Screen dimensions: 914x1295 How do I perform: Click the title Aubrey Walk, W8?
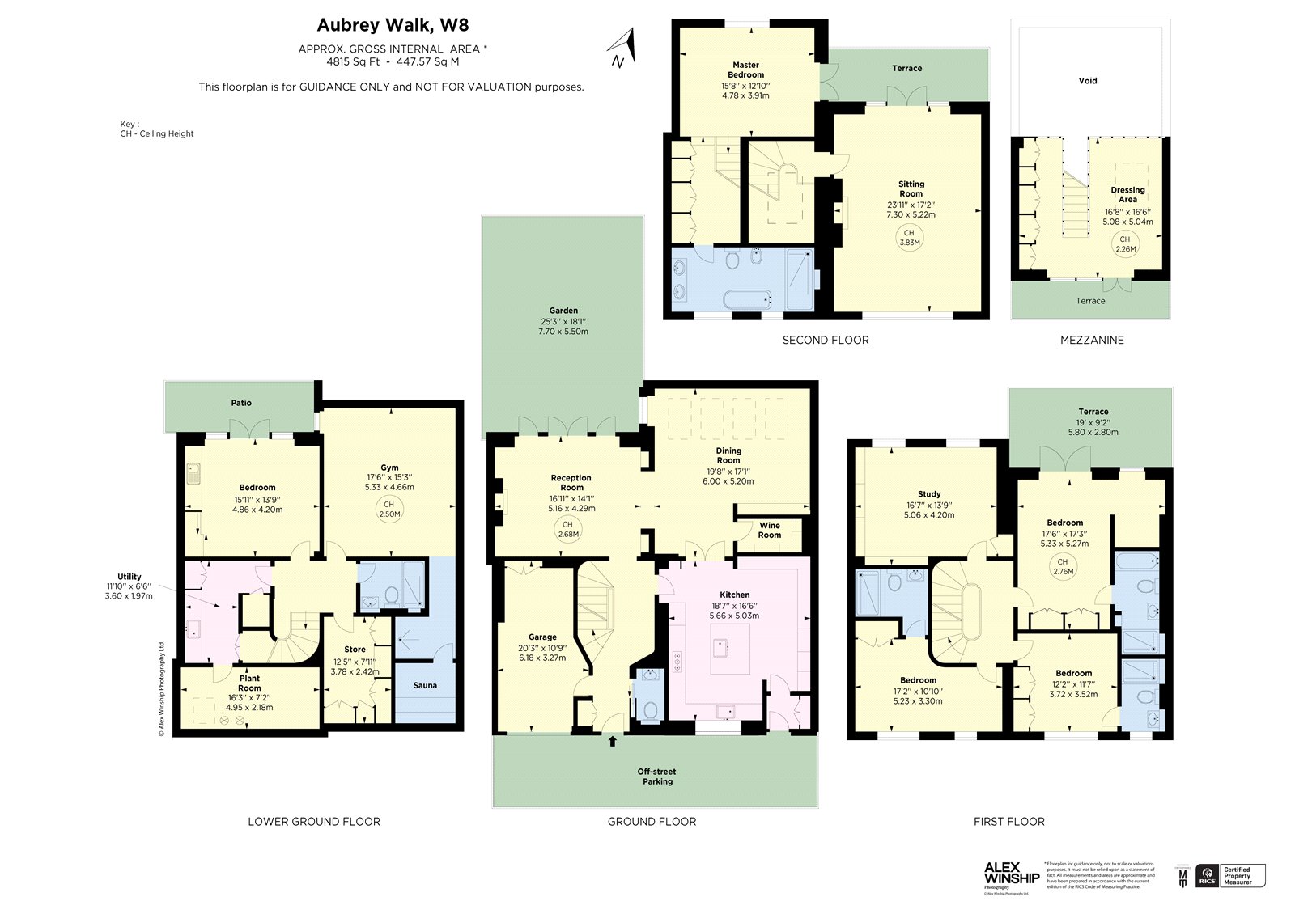click(x=393, y=26)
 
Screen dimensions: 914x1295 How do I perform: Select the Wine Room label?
click(x=769, y=530)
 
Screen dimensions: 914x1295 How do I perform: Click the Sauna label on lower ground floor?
click(x=425, y=685)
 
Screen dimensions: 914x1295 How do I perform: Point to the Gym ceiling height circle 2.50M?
click(x=389, y=509)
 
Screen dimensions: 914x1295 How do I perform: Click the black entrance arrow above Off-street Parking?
click(x=612, y=740)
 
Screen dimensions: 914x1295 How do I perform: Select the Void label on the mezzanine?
click(x=1088, y=81)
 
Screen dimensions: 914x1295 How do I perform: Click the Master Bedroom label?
click(x=745, y=70)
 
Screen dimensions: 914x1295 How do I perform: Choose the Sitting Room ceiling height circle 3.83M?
click(x=909, y=238)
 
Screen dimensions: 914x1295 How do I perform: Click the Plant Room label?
click(x=249, y=683)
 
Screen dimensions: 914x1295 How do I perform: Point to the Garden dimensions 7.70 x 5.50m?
click(x=563, y=332)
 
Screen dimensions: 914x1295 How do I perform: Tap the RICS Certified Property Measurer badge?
click(x=1230, y=875)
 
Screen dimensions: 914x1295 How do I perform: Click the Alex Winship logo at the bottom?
click(x=1011, y=877)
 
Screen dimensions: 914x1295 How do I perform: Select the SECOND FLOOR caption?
click(x=825, y=341)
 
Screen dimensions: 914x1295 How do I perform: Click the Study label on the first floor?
click(x=929, y=494)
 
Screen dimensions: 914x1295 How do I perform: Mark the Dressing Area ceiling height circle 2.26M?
click(x=1125, y=243)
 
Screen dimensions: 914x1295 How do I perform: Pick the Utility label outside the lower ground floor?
click(x=129, y=577)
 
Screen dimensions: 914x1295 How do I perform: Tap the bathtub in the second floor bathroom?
click(x=745, y=300)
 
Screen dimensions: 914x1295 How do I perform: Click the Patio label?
click(x=241, y=403)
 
